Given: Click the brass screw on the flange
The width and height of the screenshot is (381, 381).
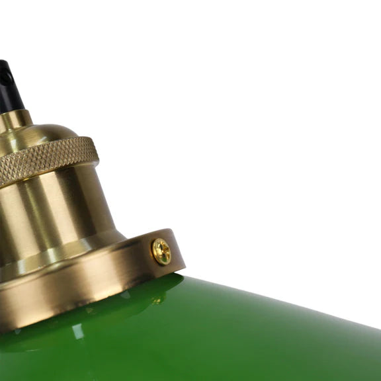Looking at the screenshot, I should (161, 251).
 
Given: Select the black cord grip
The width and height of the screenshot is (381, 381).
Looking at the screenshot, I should (9, 86).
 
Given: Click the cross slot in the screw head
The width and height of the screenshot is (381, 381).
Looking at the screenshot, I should (161, 251).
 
